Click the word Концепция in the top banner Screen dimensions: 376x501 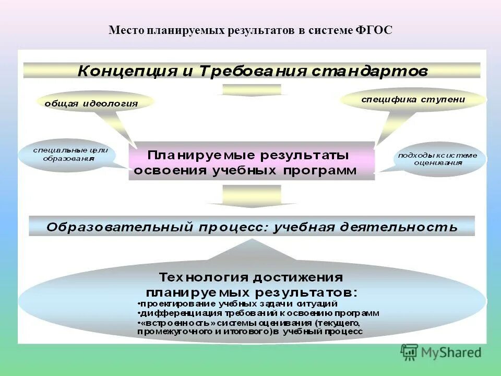coord(127,71)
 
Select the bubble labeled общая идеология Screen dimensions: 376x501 coord(91,103)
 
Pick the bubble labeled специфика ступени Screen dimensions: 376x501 coord(413,99)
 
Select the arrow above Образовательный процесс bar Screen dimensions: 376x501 coord(252,197)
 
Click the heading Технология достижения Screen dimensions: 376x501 coord(251,277)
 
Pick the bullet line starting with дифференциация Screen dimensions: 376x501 coord(259,313)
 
